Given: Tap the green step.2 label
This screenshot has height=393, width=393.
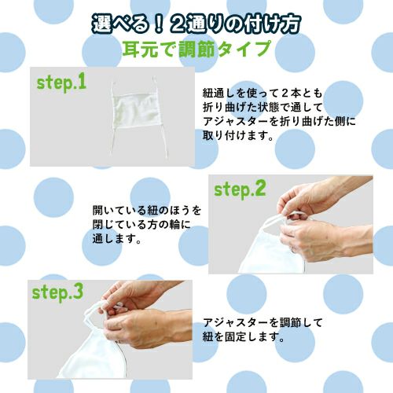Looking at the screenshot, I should tap(241, 189).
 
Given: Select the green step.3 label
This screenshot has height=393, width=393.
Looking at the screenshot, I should tap(57, 292).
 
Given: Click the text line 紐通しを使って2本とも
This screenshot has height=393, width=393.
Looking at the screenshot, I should tap(257, 91).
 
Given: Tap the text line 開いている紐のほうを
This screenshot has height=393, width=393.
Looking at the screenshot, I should tap(147, 211).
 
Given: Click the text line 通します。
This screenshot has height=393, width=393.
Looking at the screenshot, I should tap(118, 241).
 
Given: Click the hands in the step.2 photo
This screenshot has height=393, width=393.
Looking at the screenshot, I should tap(314, 212).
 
